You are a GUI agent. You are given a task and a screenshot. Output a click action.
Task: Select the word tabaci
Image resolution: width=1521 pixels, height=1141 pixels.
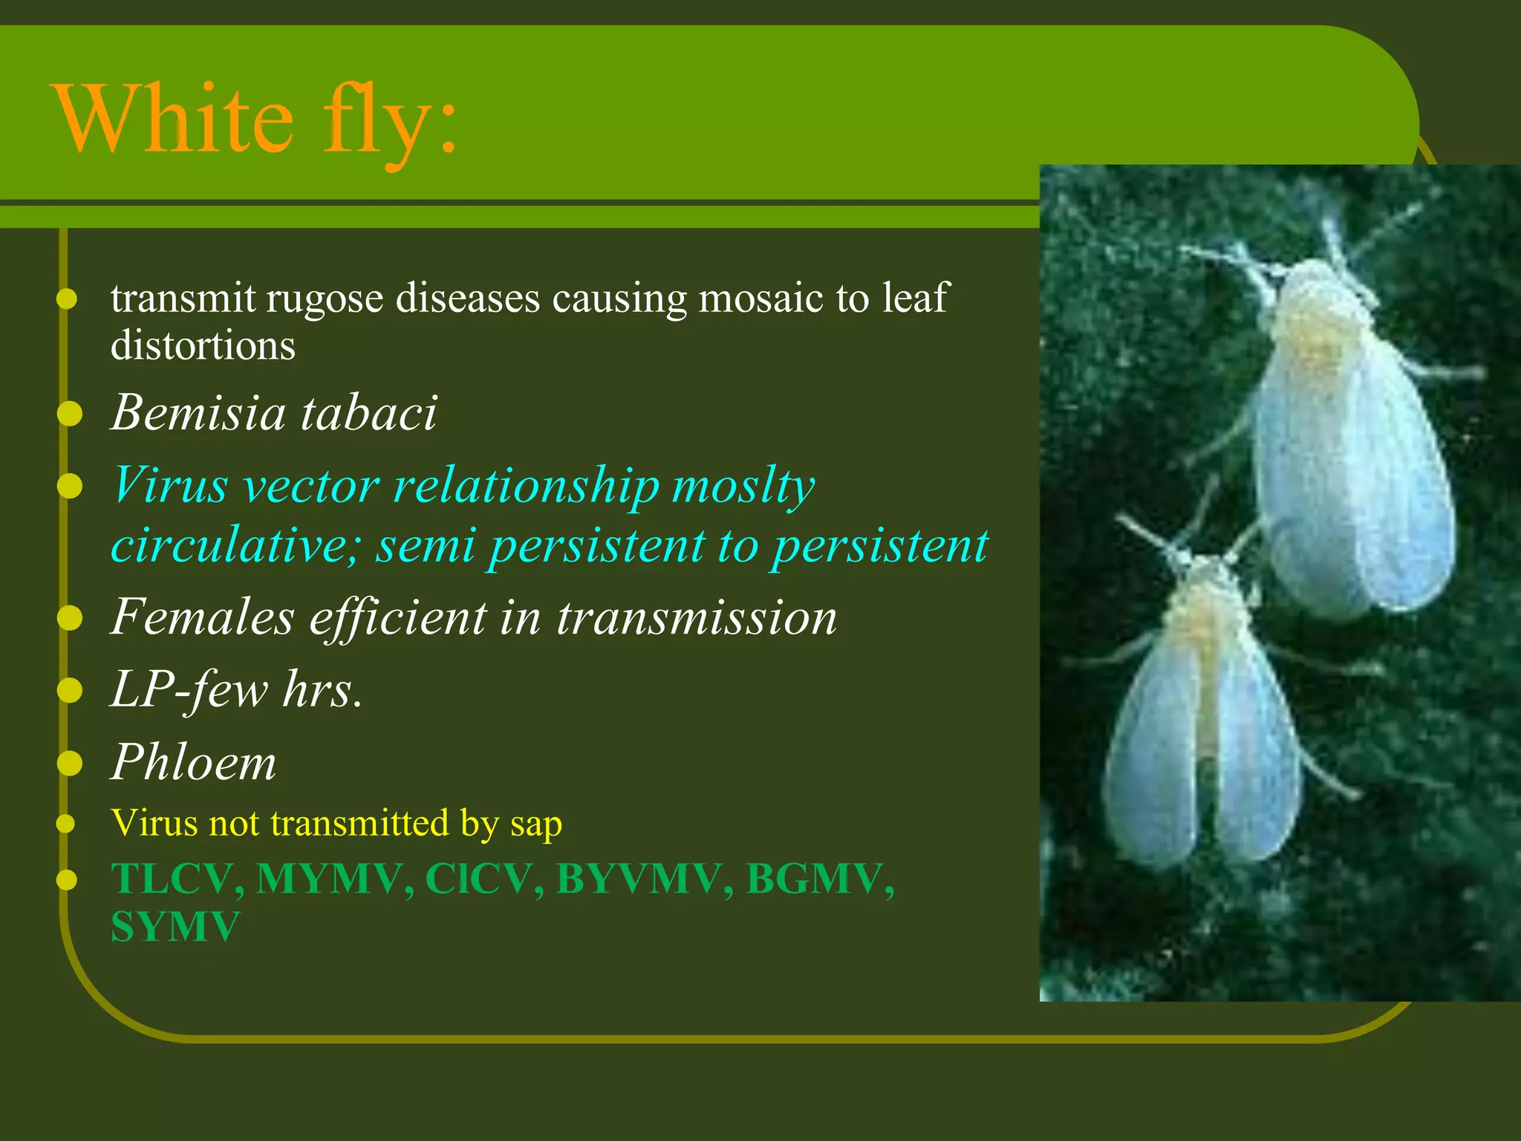[x=369, y=412]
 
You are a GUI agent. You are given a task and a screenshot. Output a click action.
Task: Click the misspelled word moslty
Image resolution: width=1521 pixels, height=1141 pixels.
[x=743, y=487]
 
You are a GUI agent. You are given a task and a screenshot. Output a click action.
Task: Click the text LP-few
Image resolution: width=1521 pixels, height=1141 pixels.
[x=189, y=689]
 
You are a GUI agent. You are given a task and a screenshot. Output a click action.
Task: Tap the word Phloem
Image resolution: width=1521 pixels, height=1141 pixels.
[x=193, y=762]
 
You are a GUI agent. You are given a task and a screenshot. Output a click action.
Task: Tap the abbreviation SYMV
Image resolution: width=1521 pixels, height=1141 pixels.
[x=175, y=927]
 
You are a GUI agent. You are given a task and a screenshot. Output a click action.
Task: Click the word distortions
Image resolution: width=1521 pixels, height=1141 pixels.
[x=203, y=345]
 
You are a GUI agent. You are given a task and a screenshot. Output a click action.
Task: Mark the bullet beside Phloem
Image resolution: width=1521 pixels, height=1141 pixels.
[x=69, y=763]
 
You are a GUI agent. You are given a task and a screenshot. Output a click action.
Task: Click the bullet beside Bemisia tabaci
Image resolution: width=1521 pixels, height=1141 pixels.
[x=69, y=413]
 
